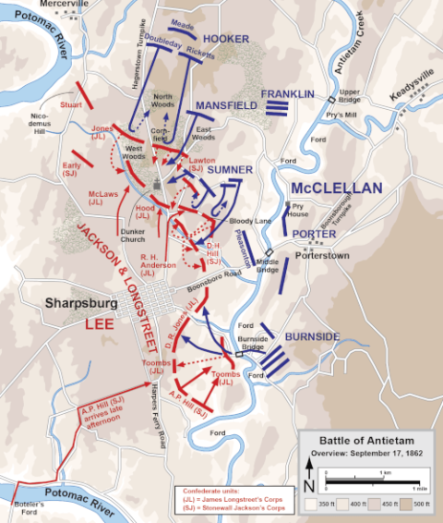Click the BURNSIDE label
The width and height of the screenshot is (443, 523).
[311, 336]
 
